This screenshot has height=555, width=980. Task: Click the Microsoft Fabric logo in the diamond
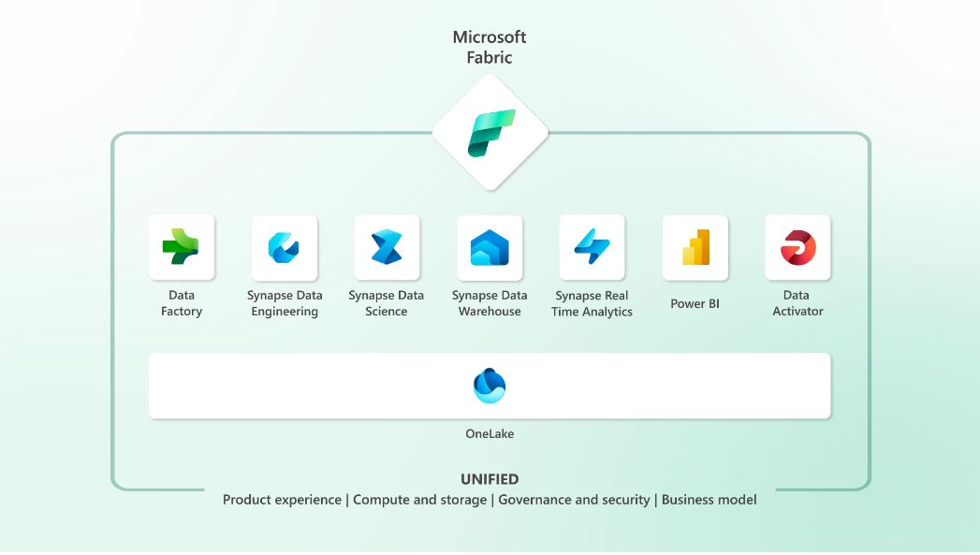490,133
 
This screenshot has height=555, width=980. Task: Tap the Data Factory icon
181,247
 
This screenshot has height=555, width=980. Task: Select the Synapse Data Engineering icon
284,247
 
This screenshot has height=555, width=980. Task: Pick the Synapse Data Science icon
387,247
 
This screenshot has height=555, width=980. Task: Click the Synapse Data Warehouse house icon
490,248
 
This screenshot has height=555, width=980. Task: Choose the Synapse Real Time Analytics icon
592,247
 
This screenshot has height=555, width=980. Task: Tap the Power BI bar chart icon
695,247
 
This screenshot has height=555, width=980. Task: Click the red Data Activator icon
797,247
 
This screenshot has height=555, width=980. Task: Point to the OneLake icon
490,386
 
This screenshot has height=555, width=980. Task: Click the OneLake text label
490,434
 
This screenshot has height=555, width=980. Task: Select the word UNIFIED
490,479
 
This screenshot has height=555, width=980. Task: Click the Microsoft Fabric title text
490,47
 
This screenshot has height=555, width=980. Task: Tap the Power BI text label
695,304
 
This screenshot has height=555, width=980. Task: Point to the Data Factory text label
182,303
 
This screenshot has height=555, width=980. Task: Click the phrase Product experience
282,500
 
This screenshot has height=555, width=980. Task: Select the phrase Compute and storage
420,500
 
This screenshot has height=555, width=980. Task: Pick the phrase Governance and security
574,500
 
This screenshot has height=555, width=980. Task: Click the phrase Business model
709,500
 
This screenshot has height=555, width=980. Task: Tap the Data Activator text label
797,303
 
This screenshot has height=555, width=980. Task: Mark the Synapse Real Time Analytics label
592,303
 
